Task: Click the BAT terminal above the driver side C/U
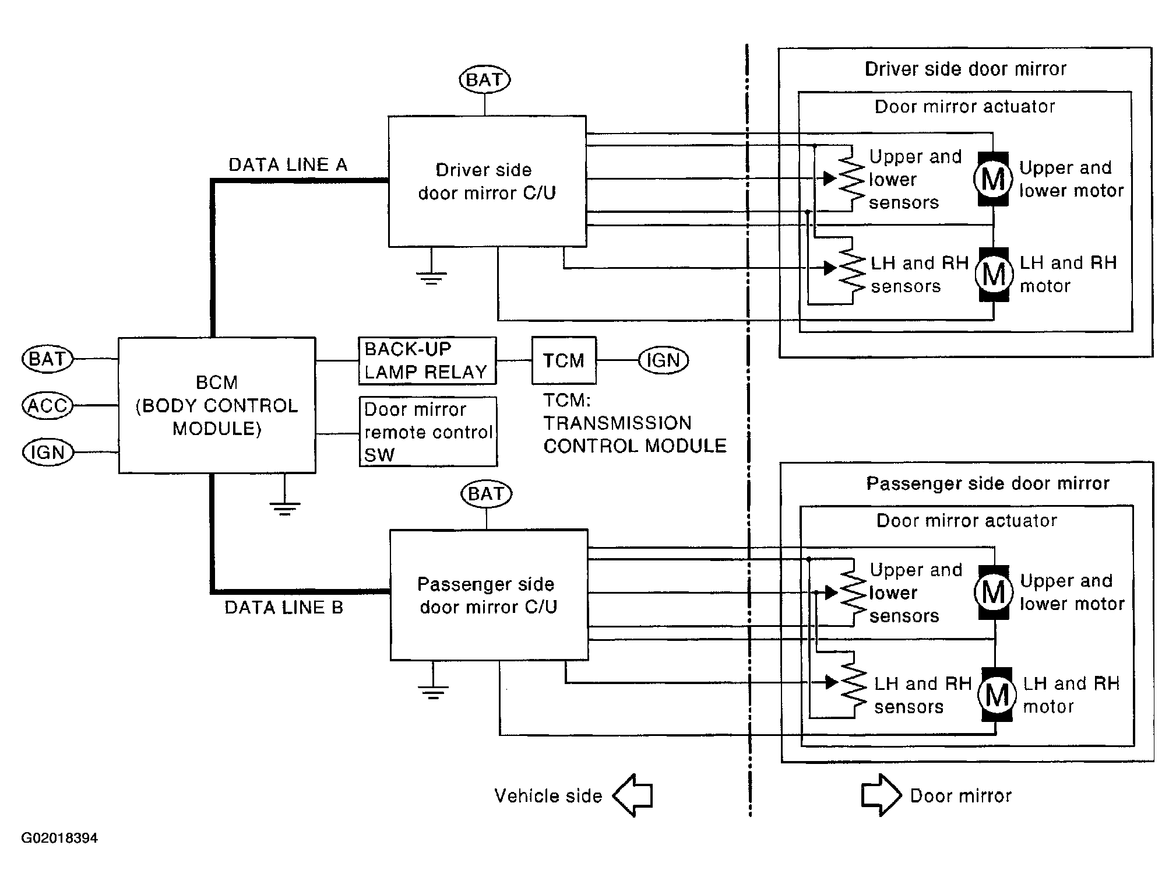click(485, 80)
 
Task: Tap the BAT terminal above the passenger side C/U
click(486, 494)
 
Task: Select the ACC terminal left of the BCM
click(48, 405)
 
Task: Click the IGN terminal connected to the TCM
click(663, 360)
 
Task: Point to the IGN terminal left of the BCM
click(48, 453)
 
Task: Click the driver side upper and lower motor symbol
click(993, 178)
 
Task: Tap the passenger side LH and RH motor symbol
click(997, 695)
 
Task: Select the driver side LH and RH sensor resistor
click(852, 269)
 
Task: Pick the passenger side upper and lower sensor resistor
click(853, 592)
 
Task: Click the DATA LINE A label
click(288, 165)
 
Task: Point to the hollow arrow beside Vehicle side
click(633, 795)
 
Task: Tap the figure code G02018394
click(59, 838)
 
